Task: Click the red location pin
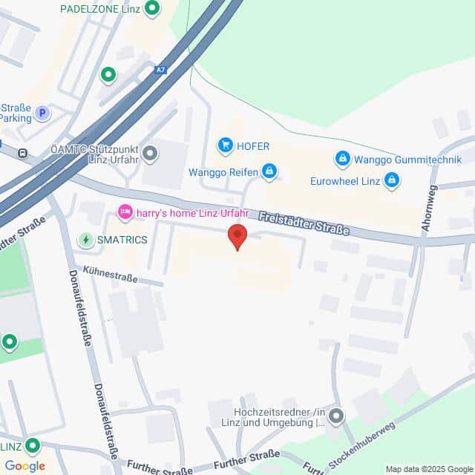pyautogui.click(x=237, y=237)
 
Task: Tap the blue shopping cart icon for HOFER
pyautogui.click(x=225, y=145)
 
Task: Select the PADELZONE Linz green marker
pyautogui.click(x=152, y=9)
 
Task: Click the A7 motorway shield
pyautogui.click(x=161, y=70)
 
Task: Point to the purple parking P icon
pyautogui.click(x=42, y=114)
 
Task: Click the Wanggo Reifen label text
pyautogui.click(x=223, y=173)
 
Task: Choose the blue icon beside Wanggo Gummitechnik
pyautogui.click(x=342, y=158)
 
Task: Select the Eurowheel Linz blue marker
pyautogui.click(x=392, y=180)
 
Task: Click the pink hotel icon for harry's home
pyautogui.click(x=125, y=213)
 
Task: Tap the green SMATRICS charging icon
pyautogui.click(x=86, y=240)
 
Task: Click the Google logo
pyautogui.click(x=24, y=465)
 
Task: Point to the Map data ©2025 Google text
pyautogui.click(x=427, y=468)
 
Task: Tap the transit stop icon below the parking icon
pyautogui.click(x=23, y=154)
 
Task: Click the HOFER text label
pyautogui.click(x=253, y=146)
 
